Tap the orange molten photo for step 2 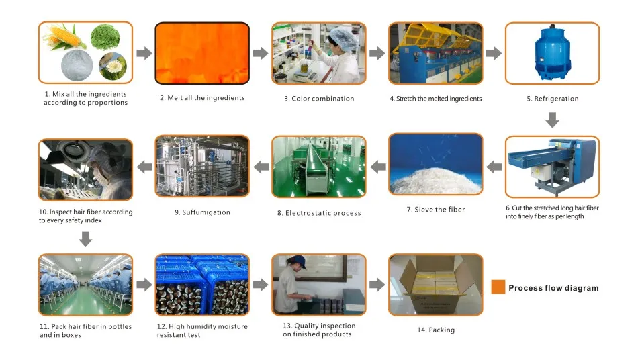[202, 53]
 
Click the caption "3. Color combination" [319, 99]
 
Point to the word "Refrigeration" [556, 99]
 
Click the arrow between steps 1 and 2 [144, 53]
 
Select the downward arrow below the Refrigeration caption [551, 120]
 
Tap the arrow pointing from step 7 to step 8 [377, 166]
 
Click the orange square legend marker [498, 287]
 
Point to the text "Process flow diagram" [553, 288]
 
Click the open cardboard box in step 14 [435, 285]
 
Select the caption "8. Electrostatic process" [319, 213]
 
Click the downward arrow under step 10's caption [85, 238]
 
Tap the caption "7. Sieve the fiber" [435, 210]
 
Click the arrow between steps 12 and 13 [261, 285]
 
